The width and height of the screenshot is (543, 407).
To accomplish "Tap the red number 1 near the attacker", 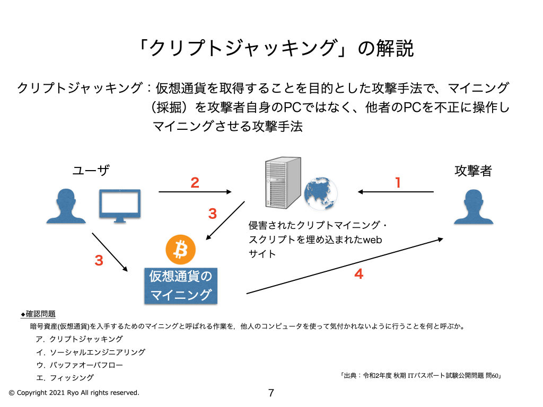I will click(398, 183).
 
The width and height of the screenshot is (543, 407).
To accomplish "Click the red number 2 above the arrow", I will click(195, 183).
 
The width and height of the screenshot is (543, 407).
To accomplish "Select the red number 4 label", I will click(358, 274).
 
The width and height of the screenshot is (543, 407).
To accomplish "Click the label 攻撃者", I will click(473, 171).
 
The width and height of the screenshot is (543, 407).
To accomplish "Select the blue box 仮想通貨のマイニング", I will click(180, 286).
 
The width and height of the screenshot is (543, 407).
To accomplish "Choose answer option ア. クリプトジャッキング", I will click(80, 339).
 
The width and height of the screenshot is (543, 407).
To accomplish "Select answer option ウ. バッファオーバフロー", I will click(80, 365).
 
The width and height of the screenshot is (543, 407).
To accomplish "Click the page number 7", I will click(271, 393).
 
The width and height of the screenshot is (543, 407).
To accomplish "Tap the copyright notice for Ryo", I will click(74, 393).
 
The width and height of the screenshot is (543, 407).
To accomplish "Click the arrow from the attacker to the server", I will click(396, 192).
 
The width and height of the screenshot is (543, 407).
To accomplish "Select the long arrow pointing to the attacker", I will click(345, 266).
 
